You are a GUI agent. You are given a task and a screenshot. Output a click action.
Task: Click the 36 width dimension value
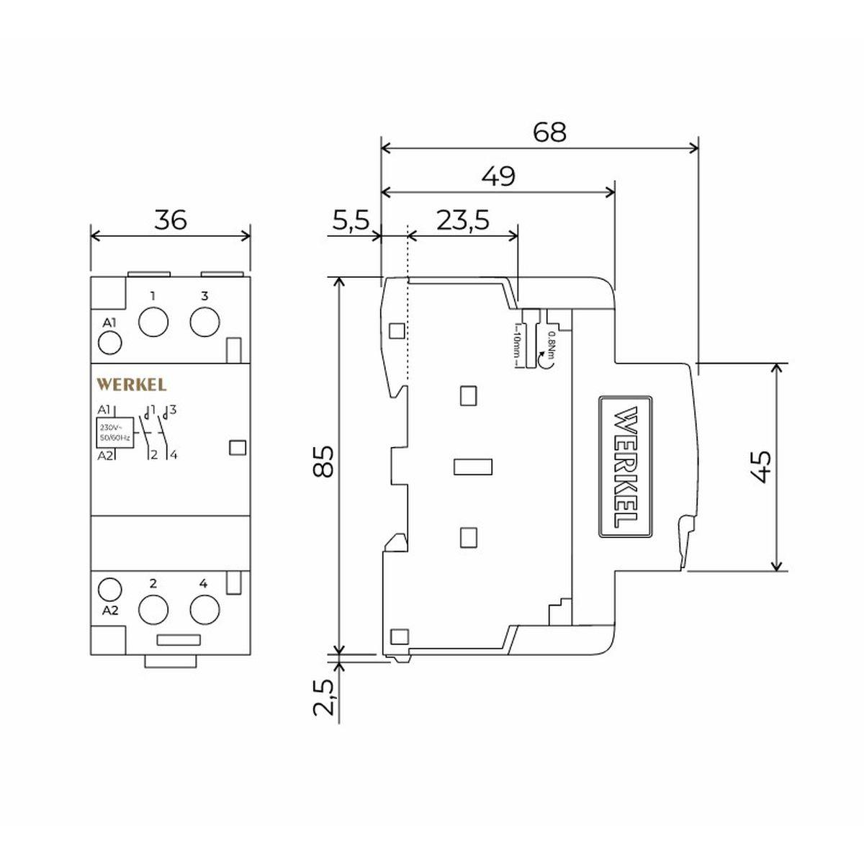coord(171,220)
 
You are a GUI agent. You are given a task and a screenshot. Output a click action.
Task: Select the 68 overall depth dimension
coord(549,132)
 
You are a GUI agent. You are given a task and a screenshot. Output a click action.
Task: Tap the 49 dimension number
coord(498,176)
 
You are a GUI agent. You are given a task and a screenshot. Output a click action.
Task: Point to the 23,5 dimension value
coord(463,220)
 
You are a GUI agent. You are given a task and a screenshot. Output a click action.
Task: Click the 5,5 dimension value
coord(351,220)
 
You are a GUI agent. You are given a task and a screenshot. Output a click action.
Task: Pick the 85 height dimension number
coord(324,462)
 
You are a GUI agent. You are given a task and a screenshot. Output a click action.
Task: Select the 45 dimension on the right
coord(760,467)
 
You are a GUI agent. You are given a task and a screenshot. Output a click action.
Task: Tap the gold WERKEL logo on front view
coord(132,384)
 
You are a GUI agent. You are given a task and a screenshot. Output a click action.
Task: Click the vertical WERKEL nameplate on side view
coord(626,467)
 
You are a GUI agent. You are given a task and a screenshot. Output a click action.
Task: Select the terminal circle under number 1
coord(153,321)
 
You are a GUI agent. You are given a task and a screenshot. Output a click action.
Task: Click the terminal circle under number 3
coord(205,321)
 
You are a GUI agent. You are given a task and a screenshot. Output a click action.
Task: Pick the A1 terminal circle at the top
coord(110,343)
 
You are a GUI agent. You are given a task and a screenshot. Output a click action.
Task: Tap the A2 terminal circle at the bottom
coord(110,589)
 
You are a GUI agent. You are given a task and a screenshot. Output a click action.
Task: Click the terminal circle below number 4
coord(205,610)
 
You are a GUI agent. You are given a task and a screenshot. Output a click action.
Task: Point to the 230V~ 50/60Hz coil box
coord(115,433)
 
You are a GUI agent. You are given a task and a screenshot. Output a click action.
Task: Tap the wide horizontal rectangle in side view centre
coord(472,467)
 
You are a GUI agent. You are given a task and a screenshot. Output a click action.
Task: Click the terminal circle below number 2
coord(153,610)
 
